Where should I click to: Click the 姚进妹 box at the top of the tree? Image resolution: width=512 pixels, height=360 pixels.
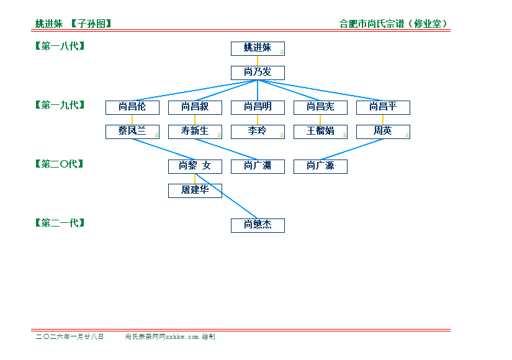[258, 48]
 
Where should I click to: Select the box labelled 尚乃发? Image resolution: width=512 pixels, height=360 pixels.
[258, 73]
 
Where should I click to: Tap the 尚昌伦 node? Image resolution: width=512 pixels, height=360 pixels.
[132, 107]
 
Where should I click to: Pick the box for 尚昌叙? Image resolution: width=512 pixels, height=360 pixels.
[195, 107]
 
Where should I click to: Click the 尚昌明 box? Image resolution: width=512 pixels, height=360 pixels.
[258, 107]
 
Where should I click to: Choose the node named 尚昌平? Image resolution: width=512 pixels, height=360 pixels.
[383, 107]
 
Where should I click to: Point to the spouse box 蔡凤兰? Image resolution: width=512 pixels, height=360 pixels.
[132, 132]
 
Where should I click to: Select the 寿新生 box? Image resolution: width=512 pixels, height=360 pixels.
[195, 132]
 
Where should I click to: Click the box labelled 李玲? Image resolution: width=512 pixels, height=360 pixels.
[258, 132]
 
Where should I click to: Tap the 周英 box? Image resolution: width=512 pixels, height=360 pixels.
[383, 132]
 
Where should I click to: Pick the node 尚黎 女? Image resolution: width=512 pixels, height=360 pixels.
[195, 166]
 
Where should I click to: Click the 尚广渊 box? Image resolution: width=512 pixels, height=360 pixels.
[258, 166]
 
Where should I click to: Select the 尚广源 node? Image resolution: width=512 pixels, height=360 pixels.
[320, 166]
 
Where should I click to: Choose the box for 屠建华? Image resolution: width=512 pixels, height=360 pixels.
[195, 191]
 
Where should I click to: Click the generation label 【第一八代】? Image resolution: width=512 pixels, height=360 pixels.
[60, 46]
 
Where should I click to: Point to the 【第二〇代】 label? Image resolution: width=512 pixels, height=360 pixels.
[60, 164]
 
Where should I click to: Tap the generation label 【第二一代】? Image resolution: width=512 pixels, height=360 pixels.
[60, 223]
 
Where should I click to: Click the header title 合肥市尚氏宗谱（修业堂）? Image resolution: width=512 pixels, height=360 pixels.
[394, 24]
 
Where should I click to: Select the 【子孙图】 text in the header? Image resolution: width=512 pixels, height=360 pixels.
[91, 24]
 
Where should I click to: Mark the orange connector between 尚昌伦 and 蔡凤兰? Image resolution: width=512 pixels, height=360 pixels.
[132, 119]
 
